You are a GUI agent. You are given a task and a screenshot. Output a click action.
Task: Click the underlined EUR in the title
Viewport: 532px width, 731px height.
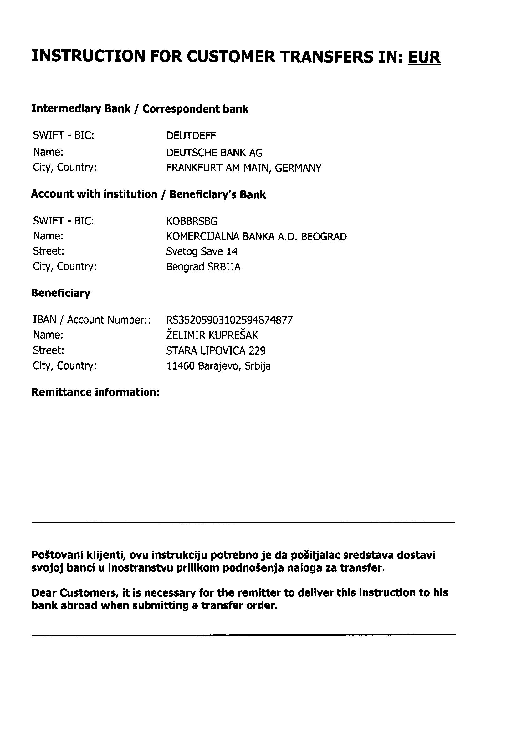tap(424, 57)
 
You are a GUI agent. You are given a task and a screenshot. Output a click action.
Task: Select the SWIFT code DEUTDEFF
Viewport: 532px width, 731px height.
tap(191, 136)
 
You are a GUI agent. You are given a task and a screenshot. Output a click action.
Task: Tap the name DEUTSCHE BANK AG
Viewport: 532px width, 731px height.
tap(214, 153)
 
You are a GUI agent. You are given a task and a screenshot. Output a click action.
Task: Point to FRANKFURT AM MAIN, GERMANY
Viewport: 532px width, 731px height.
tap(243, 168)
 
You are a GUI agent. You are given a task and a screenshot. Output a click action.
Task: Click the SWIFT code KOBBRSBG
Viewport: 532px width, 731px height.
tap(192, 221)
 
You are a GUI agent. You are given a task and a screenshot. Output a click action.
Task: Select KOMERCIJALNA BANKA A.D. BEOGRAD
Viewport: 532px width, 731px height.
tap(256, 237)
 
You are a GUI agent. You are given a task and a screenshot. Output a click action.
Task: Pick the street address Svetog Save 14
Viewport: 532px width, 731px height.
tap(202, 251)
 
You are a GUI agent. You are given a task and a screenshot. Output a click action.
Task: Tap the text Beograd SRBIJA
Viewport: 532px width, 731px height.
tap(203, 267)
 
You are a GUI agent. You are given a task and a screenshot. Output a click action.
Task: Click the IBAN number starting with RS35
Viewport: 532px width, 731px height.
tap(229, 320)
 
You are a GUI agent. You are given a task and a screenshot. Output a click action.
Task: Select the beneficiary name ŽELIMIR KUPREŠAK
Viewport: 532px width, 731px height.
tap(212, 335)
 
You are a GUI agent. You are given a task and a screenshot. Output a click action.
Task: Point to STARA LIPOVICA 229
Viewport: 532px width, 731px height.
tap(216, 350)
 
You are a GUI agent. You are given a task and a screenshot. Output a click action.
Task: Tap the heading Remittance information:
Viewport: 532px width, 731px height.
tap(95, 392)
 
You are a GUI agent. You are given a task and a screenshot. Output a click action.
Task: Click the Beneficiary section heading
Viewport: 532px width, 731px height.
tap(61, 293)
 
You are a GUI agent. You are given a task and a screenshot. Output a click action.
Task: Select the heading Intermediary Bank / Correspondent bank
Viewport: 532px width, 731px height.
tap(140, 109)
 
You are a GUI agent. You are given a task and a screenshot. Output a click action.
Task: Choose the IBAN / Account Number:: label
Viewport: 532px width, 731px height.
tap(92, 320)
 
